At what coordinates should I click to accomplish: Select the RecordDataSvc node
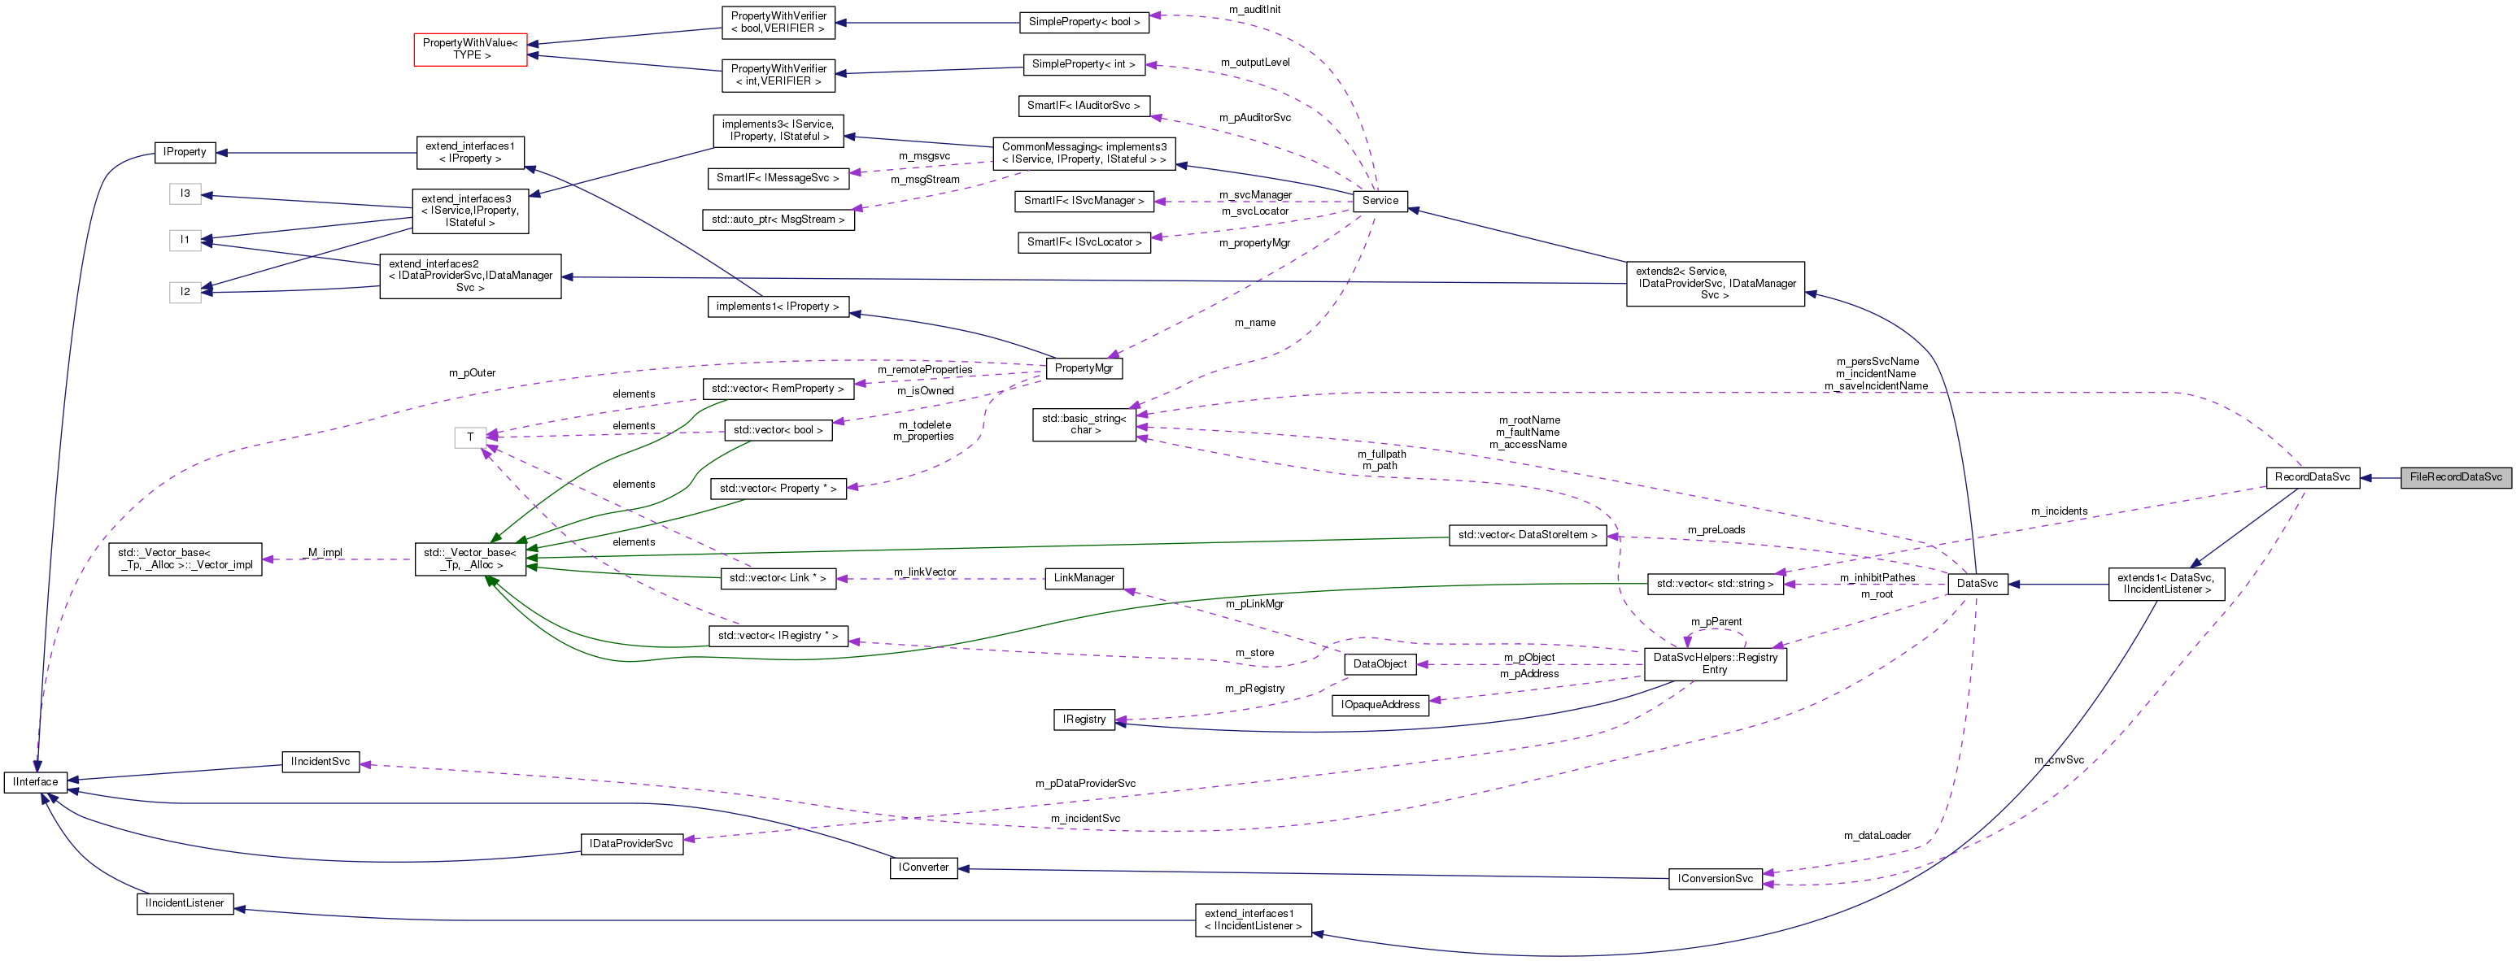tap(2311, 476)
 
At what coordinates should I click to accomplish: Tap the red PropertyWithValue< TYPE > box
tap(471, 49)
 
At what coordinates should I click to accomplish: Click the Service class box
tap(1379, 200)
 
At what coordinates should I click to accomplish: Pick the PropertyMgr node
tap(1084, 368)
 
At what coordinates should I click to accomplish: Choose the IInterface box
tap(35, 781)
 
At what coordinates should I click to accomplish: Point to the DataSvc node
tap(1977, 583)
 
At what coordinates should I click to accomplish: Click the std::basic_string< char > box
tap(1084, 424)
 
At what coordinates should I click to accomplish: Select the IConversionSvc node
tap(1714, 878)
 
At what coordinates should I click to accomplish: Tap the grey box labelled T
tap(470, 437)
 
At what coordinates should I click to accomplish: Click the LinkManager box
tap(1084, 577)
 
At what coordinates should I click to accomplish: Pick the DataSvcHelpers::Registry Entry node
tap(1714, 663)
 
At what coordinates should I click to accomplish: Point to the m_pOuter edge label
tap(472, 373)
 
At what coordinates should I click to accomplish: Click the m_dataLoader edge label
tap(1877, 835)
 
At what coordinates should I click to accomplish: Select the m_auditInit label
tap(1254, 10)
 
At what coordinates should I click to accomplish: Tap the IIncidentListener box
tap(185, 902)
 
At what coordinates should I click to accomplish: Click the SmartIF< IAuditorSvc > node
tap(1084, 106)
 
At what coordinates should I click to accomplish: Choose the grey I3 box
tap(185, 194)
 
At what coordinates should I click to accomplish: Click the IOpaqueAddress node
tap(1379, 704)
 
